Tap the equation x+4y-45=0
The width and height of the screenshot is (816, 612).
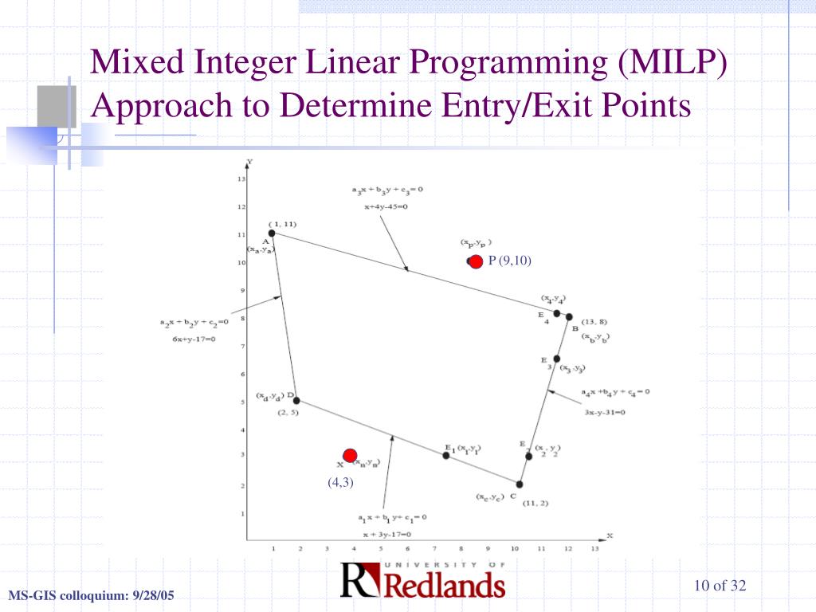(386, 206)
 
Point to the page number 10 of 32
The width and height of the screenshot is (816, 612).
(720, 586)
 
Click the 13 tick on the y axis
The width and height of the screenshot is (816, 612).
(241, 178)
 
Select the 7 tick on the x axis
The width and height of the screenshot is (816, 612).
(433, 549)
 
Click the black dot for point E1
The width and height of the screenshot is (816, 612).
(446, 455)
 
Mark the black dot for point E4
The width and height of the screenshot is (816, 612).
(557, 313)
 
